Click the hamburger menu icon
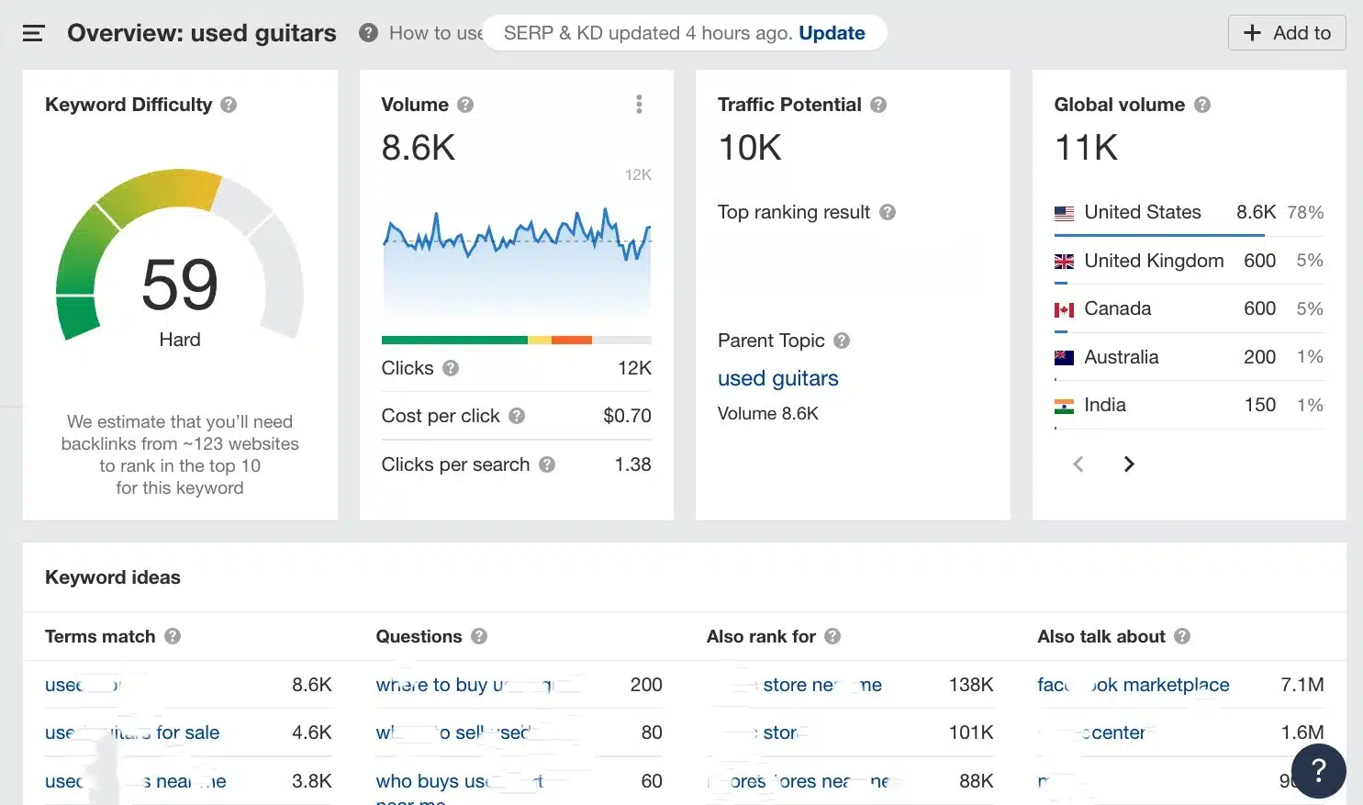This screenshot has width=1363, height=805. pyautogui.click(x=33, y=34)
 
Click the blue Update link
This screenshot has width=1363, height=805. pyautogui.click(x=832, y=33)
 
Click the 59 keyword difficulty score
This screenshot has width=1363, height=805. pyautogui.click(x=180, y=285)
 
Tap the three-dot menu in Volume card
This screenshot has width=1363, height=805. pyautogui.click(x=639, y=105)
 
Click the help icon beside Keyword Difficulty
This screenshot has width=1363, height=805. pyautogui.click(x=229, y=105)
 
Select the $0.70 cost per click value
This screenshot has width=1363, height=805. pyautogui.click(x=627, y=416)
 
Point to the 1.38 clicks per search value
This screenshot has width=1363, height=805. pyautogui.click(x=632, y=464)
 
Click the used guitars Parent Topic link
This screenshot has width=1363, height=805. pyautogui.click(x=777, y=378)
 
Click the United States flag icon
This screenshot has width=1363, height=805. pyautogui.click(x=1064, y=213)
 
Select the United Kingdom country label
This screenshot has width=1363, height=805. pyautogui.click(x=1154, y=261)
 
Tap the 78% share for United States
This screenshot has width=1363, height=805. pyautogui.click(x=1305, y=213)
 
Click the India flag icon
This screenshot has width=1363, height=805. pyautogui.click(x=1064, y=406)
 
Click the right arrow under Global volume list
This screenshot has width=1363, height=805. pyautogui.click(x=1129, y=464)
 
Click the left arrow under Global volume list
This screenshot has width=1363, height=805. pyautogui.click(x=1078, y=464)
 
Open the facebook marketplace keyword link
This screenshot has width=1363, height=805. pyautogui.click(x=1133, y=685)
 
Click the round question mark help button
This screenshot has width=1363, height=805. pyautogui.click(x=1318, y=770)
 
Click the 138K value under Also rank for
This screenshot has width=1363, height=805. pyautogui.click(x=971, y=685)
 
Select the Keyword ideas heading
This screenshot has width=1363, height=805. pyautogui.click(x=113, y=577)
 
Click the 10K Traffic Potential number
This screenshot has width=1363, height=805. pyautogui.click(x=750, y=148)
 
